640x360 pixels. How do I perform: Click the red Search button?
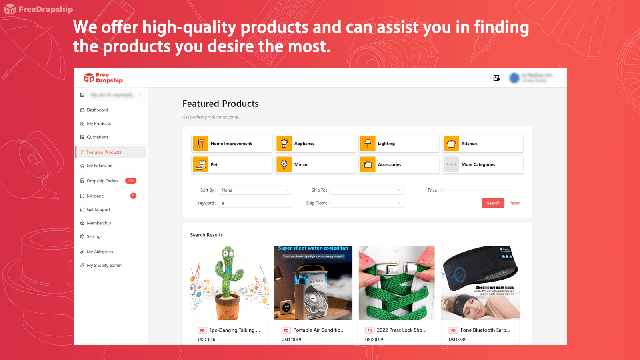coord(493,203)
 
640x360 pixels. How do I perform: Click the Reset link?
coord(514,203)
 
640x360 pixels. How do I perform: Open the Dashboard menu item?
coord(97,110)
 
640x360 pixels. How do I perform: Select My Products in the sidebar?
coord(99,124)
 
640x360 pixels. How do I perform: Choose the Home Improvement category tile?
coord(232,144)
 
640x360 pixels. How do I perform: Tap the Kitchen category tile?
coord(482,144)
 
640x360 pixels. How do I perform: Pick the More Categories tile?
coord(482,164)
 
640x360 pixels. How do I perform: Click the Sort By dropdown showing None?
coord(255,190)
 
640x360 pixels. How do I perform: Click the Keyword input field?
coord(255,203)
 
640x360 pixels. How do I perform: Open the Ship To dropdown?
coord(366,190)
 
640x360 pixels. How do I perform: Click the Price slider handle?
coord(442,190)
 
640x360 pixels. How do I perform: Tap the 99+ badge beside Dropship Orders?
coord(131,181)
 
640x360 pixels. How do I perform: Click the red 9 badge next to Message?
coord(134,196)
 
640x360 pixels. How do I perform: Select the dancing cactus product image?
coord(229,283)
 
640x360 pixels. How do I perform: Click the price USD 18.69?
coord(291,340)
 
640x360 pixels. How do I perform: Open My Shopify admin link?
coord(104,265)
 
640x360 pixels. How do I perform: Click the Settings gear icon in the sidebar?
coord(82,236)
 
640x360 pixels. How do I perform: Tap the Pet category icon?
coord(200,164)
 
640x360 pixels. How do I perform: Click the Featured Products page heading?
coord(220,104)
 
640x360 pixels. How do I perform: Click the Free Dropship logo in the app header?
coord(103,78)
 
